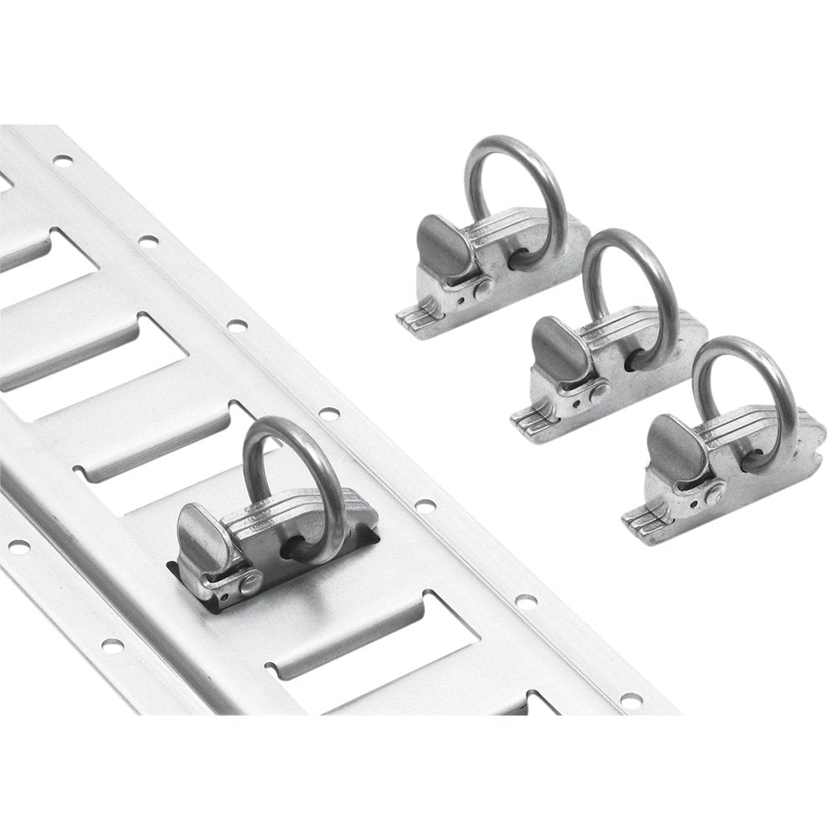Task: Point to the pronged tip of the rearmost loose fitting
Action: tap(411, 318)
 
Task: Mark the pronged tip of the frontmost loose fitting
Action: tap(638, 520)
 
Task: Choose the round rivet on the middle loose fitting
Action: tap(599, 391)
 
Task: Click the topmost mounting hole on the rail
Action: tap(62, 160)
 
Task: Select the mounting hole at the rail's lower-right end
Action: tap(630, 699)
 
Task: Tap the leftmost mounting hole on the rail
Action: tap(18, 546)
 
